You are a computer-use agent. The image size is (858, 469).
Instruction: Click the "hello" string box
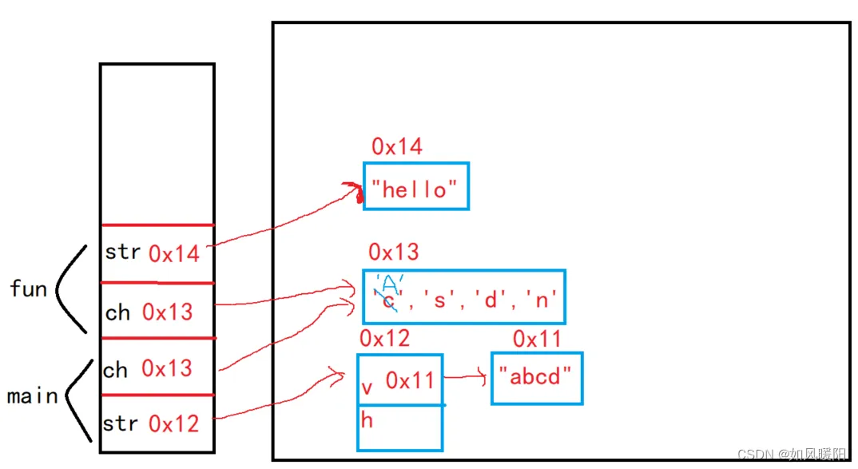pos(415,187)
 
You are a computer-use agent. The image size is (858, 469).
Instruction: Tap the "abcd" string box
pos(536,377)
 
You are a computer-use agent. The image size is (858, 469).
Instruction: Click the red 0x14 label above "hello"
pos(397,147)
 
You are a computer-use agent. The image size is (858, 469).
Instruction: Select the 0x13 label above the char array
pos(393,252)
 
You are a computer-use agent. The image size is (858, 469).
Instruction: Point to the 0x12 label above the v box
pos(384,339)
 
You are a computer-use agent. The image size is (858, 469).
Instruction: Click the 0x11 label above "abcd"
pos(538,340)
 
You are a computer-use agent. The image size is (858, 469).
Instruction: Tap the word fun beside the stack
pos(29,288)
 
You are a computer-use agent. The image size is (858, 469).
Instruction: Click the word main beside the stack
pos(32,396)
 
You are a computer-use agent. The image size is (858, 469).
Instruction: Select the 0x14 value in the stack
pos(174,254)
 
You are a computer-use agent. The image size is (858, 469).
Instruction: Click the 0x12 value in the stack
pos(173,423)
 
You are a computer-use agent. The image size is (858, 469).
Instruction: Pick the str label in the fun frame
pos(122,252)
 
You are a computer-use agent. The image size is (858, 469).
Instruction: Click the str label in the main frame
pos(121,423)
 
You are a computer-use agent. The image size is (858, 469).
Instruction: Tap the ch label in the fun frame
pos(117,312)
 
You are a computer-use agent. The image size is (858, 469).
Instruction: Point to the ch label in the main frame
pos(115,370)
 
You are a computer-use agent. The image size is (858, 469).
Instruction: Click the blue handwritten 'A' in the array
pos(390,284)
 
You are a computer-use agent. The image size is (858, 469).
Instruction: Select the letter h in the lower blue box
pos(367,420)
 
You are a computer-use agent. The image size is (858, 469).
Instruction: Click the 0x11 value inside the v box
pos(410,381)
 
